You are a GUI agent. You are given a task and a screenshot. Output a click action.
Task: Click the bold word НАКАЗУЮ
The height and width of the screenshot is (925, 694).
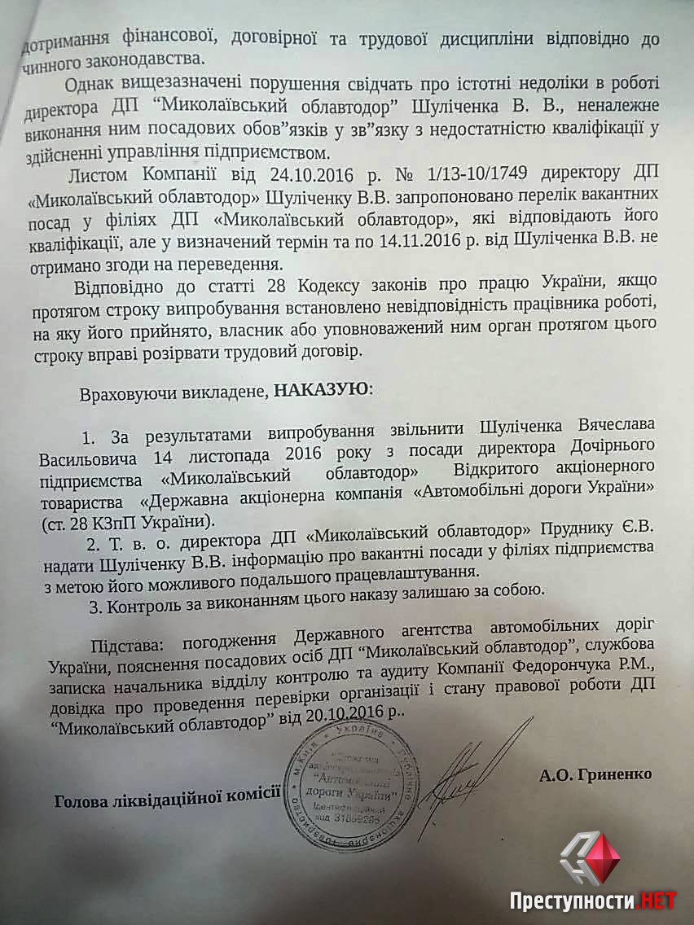click(x=321, y=388)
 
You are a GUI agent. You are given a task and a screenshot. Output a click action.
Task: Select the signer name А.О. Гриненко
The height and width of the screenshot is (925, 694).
click(x=595, y=774)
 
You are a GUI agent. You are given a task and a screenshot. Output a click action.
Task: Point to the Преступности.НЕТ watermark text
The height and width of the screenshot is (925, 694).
click(x=592, y=900)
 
